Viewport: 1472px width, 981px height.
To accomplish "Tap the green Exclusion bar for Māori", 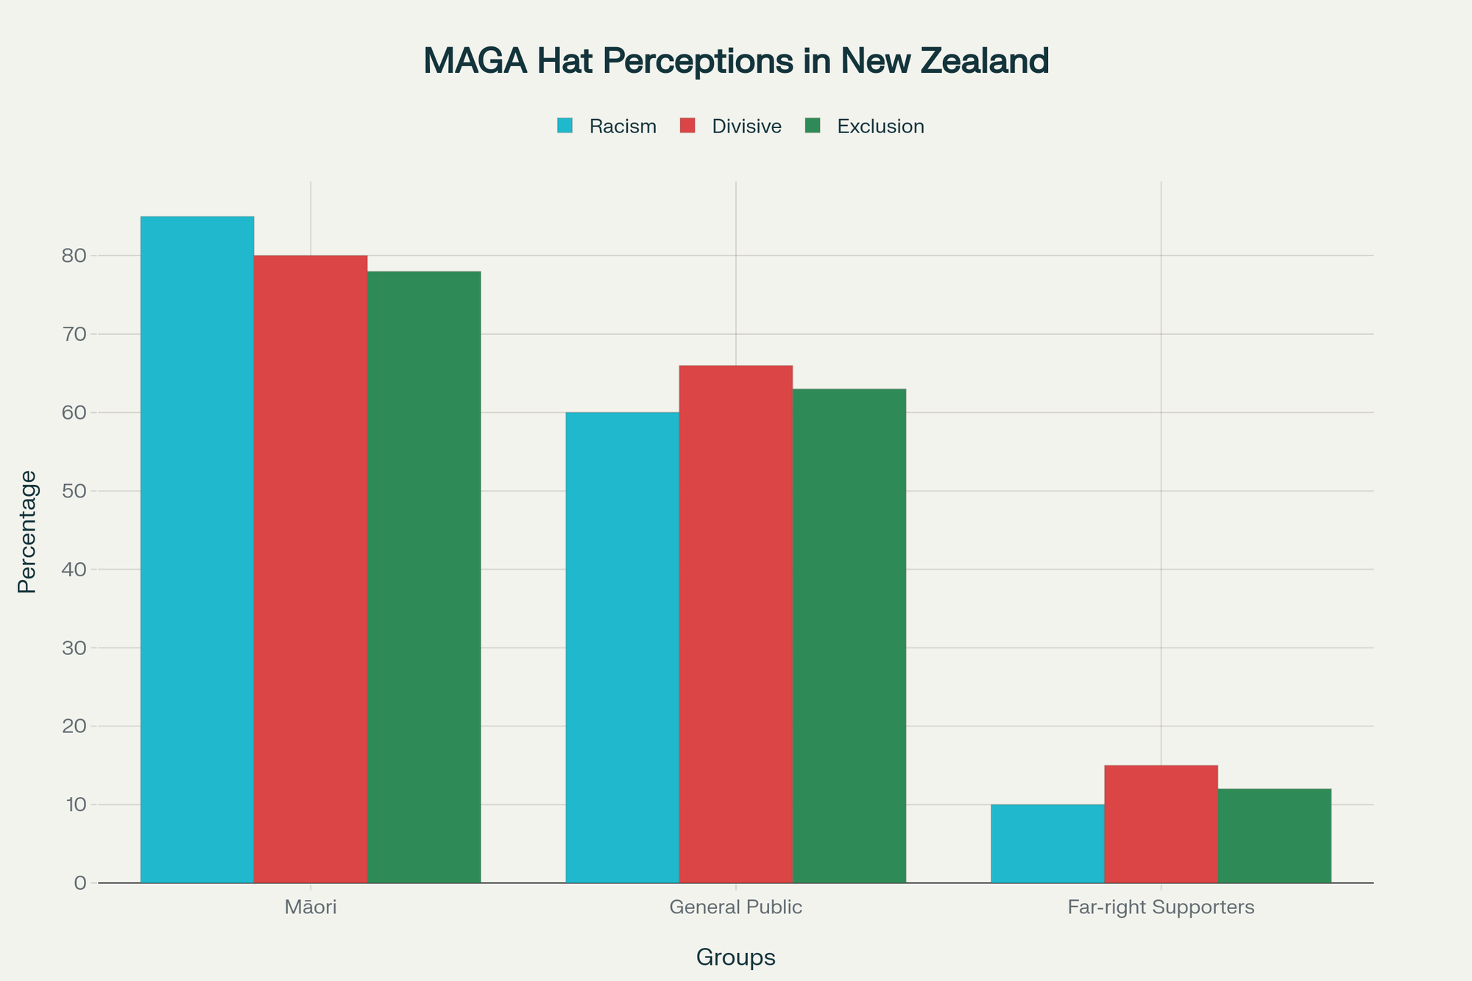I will click(424, 577).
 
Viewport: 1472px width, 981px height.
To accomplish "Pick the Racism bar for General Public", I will click(622, 648).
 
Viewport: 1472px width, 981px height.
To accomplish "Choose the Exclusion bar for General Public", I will click(849, 636).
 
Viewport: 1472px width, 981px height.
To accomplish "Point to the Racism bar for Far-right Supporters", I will click(1047, 843).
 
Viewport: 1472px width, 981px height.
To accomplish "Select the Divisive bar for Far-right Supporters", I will click(1161, 824).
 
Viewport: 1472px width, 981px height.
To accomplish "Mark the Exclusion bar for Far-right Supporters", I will click(1274, 836).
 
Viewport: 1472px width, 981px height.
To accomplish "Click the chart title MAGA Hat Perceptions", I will click(736, 61).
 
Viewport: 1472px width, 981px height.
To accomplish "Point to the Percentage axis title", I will click(27, 531).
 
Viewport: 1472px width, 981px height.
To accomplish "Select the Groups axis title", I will click(736, 957).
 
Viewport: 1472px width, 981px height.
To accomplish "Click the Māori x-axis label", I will click(311, 907).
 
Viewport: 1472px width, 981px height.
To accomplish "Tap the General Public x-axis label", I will click(736, 907).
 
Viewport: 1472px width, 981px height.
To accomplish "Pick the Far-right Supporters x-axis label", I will click(1161, 907).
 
